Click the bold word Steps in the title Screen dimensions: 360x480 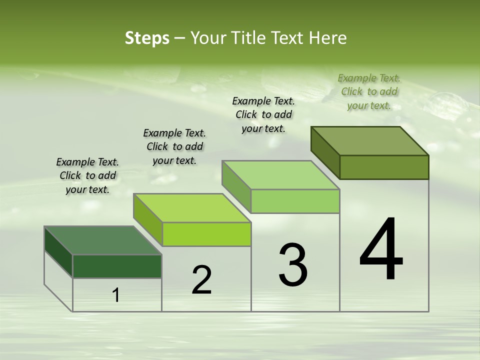point(147,38)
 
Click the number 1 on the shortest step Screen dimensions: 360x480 point(116,295)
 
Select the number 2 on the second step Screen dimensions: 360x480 point(201,280)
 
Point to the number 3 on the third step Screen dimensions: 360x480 point(293,265)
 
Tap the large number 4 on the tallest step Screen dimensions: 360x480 point(381,250)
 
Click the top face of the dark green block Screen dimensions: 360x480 point(103,240)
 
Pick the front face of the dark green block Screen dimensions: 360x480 point(117,266)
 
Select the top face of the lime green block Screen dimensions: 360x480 point(192,208)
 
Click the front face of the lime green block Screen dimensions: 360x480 point(206,234)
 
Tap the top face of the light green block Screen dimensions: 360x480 point(281,175)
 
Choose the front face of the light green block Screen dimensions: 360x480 point(295,201)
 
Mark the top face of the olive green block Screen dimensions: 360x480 point(370,141)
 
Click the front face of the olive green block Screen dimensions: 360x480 point(384,167)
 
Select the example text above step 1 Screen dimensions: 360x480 point(87,175)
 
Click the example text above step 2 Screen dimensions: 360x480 point(174,146)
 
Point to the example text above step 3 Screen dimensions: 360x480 point(263,114)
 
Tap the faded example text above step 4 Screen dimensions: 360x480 point(369,91)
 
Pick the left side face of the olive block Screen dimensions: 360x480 point(325,152)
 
